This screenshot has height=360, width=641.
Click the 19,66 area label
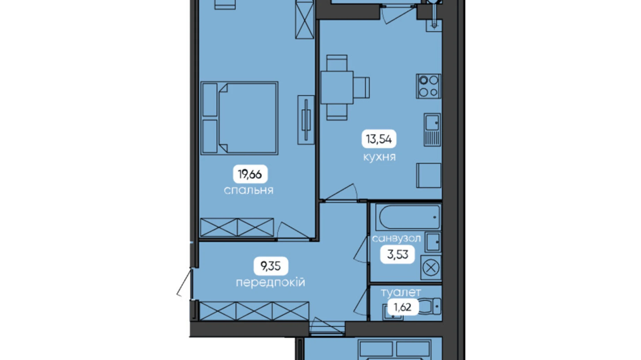coord(250,174)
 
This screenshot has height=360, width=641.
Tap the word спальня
coord(248,190)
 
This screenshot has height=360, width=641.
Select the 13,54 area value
coord(379,139)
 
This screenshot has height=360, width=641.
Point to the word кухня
coord(379,157)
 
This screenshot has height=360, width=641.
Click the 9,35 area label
coord(271,266)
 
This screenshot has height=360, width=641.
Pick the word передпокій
coord(271,282)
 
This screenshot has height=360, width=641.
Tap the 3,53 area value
coord(397,255)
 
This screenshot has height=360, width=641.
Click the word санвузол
coord(396,238)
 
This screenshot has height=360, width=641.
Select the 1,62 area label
coord(402,307)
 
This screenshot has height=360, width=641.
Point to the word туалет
coord(401,293)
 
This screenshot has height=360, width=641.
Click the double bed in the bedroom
coord(239,118)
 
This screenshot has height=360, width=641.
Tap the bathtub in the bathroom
coord(409,217)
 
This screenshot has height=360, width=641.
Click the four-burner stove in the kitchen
coord(429,86)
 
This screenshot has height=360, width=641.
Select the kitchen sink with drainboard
coord(432,129)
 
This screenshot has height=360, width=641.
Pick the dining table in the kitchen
coord(337,88)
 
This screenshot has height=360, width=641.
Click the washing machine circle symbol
coord(431,268)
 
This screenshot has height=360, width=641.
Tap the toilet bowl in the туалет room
coord(430,306)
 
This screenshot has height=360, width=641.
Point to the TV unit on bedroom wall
coord(306,120)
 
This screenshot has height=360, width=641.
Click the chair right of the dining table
coord(361,88)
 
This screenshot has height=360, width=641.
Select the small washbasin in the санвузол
coord(432,242)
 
